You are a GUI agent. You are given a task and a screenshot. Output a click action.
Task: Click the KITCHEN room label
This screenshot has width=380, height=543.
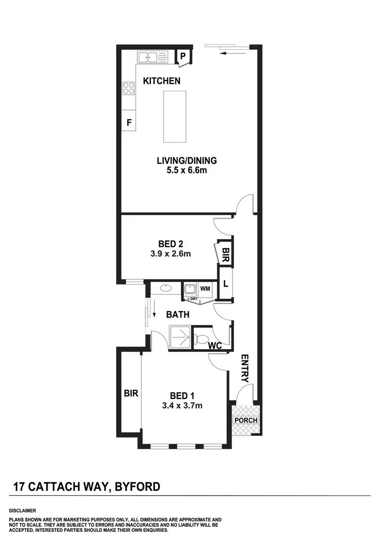click(x=162, y=81)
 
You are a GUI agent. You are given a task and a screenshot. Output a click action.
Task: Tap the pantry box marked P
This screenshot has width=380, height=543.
click(x=183, y=56)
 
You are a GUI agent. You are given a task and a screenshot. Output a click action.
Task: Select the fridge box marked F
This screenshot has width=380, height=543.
click(x=129, y=122)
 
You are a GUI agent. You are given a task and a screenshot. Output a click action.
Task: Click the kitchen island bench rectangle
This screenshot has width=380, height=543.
click(x=174, y=116)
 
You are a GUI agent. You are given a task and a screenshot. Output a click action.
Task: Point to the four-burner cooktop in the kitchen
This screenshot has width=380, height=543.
click(x=129, y=89)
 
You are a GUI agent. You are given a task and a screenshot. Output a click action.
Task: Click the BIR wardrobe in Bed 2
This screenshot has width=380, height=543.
click(x=225, y=252)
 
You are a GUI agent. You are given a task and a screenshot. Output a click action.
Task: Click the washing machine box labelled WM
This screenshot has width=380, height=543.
click(x=205, y=289)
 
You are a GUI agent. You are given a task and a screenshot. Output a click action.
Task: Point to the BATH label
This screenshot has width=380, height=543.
click(x=178, y=315)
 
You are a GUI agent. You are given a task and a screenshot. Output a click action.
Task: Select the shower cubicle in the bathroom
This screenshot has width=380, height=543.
click(x=180, y=336)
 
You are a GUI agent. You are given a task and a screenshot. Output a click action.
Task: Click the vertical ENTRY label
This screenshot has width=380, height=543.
click(x=245, y=368)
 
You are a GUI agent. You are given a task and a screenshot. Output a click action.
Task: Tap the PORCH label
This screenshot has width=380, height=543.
click(x=246, y=420)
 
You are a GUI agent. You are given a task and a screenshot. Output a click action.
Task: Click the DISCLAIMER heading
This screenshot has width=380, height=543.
click(x=22, y=511)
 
